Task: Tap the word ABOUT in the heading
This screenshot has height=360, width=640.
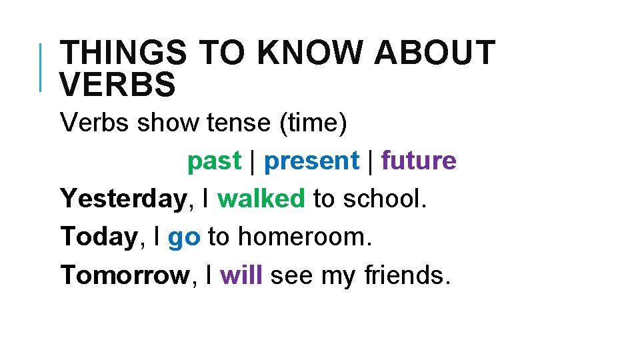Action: pyautogui.click(x=434, y=53)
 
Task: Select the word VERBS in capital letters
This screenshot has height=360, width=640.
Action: pyautogui.click(x=118, y=84)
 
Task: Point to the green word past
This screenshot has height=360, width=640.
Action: pyautogui.click(x=213, y=161)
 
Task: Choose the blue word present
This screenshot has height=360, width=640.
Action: pyautogui.click(x=311, y=161)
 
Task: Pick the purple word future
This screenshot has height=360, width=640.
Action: pyautogui.click(x=419, y=161)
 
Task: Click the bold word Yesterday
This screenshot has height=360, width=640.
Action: pyautogui.click(x=123, y=199)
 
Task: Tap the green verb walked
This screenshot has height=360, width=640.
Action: pyautogui.click(x=261, y=199)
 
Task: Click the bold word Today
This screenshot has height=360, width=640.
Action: pyautogui.click(x=99, y=237)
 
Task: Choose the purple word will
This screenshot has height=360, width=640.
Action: pyautogui.click(x=241, y=275)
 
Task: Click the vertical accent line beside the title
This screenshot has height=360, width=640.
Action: pyautogui.click(x=41, y=67)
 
